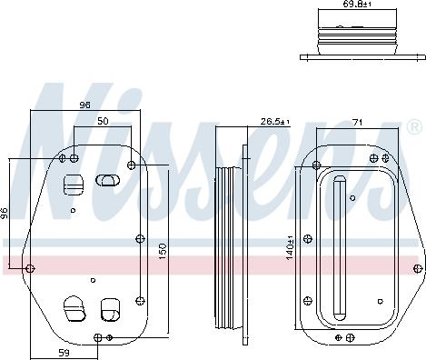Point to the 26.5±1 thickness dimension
(274, 121)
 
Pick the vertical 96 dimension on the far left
(5, 214)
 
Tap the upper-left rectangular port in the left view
(73, 185)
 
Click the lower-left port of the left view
(73, 309)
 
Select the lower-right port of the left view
(110, 308)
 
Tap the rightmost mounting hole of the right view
(419, 268)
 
